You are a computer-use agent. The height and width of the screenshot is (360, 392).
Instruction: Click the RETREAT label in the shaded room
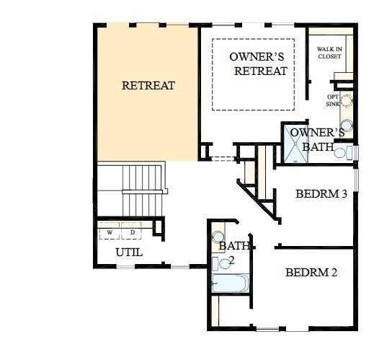[x=148, y=85]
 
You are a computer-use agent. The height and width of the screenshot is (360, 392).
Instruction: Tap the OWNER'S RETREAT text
[x=258, y=63]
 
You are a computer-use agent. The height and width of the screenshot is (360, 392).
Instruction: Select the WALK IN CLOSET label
[x=330, y=52]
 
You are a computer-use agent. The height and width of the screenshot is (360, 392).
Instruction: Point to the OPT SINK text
[x=333, y=100]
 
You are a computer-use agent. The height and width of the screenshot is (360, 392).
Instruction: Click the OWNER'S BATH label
[x=317, y=139]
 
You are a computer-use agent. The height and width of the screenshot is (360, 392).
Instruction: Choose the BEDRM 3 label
[x=322, y=194]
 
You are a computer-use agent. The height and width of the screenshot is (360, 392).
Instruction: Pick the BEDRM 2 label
[x=311, y=273]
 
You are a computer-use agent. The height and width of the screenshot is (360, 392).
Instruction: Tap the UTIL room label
[x=129, y=253]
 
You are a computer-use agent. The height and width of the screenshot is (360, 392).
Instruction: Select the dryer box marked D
[x=132, y=232]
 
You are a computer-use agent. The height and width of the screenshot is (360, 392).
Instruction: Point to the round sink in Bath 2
[x=218, y=237]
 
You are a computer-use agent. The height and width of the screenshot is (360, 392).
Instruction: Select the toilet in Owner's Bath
[x=342, y=152]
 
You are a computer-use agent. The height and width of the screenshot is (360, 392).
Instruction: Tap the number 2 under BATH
[x=232, y=260]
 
